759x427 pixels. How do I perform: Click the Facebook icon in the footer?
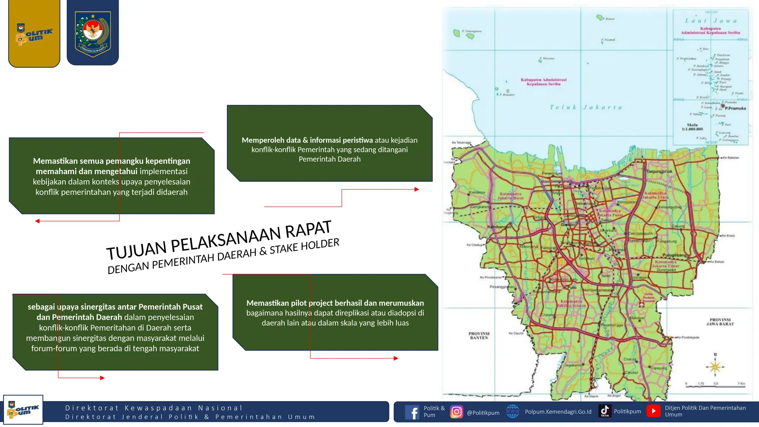pos(412,412)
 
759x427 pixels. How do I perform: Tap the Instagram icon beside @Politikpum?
pos(457,412)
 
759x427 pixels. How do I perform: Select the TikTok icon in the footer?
pos(605,411)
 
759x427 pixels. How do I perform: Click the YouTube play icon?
pos(654,411)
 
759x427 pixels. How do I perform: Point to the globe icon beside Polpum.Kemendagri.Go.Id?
pos(513,411)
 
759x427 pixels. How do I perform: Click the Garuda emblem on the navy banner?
pos(93,33)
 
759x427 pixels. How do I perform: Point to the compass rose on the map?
pos(715,367)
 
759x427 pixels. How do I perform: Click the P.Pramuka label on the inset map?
pos(735,108)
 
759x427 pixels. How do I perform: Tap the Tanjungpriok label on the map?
pos(659,172)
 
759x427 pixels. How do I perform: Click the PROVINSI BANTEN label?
pos(479,335)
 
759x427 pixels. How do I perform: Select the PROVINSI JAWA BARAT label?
pos(720,322)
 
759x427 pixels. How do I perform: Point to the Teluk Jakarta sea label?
pos(586,107)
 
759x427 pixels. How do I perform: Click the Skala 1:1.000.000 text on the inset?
pos(692,127)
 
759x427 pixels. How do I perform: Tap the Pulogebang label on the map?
pos(675,255)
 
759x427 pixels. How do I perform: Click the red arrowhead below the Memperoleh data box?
pos(417,189)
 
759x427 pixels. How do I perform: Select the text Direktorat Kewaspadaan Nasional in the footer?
pos(154,408)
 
